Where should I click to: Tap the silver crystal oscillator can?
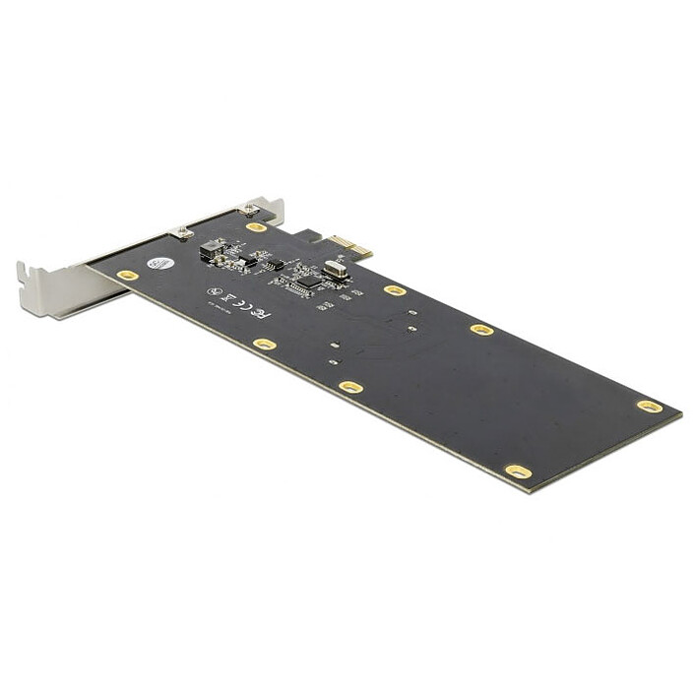336,268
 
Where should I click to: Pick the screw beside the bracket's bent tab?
249,209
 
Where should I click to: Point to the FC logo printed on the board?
261,313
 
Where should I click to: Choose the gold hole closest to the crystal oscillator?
394,290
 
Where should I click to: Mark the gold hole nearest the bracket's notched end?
127,276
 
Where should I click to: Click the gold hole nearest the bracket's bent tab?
256,227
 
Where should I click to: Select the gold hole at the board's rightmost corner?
649,406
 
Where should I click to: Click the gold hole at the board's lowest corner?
518,472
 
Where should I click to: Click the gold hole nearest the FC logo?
264,345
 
